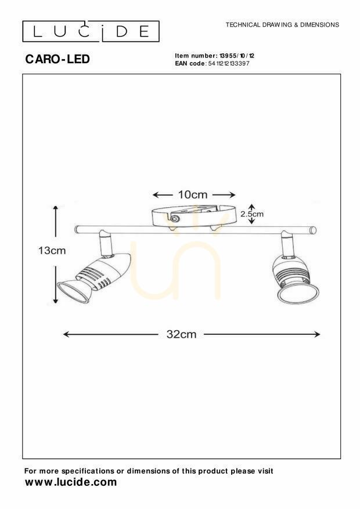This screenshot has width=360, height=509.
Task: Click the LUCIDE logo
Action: tap(91, 31)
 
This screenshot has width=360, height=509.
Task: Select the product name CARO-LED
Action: tap(57, 59)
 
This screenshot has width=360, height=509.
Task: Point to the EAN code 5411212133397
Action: tap(229, 63)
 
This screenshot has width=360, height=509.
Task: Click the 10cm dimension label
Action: tap(193, 195)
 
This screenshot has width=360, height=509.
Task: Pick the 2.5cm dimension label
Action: tap(252, 214)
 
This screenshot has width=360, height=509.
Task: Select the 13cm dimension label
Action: tap(52, 251)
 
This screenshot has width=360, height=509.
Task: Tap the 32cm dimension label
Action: tap(182, 334)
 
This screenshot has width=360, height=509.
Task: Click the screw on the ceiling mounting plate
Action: tap(175, 218)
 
